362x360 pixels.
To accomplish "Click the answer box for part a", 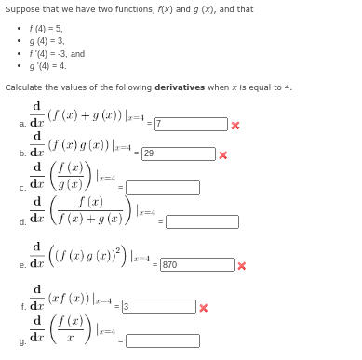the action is pyautogui.click(x=190, y=124).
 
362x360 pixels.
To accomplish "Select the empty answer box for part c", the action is pyautogui.click(x=163, y=188).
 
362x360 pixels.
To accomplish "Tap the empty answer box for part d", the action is pyautogui.click(x=202, y=221).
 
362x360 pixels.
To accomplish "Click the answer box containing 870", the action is pyautogui.click(x=195, y=265).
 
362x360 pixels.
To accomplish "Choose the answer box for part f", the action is pyautogui.click(x=158, y=306).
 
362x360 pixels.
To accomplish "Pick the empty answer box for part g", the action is pyautogui.click(x=163, y=340).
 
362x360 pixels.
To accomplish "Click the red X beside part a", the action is pyautogui.click(x=235, y=124).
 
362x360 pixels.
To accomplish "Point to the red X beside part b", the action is pyautogui.click(x=222, y=154).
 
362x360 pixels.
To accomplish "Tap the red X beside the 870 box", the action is pyautogui.click(x=241, y=265).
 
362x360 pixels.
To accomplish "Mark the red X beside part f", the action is pyautogui.click(x=204, y=306).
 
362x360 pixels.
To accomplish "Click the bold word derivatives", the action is pyautogui.click(x=179, y=87).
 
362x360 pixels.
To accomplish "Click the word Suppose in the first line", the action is pyautogui.click(x=20, y=8).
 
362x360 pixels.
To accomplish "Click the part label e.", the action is pyautogui.click(x=21, y=266).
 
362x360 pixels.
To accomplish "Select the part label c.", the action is pyautogui.click(x=21, y=189).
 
